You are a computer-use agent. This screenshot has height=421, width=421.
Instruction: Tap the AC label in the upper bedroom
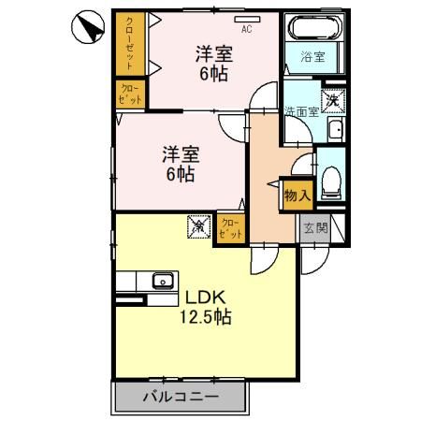(246, 29)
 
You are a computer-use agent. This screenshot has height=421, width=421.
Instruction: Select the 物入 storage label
(296, 196)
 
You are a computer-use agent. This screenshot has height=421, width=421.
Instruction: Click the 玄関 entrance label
(315, 227)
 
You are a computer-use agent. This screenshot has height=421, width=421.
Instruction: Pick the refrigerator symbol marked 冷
(198, 225)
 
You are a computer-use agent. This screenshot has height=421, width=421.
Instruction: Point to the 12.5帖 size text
(207, 317)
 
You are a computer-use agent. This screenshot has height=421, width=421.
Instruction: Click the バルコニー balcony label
(181, 396)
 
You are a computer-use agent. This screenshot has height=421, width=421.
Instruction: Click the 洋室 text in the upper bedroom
(214, 52)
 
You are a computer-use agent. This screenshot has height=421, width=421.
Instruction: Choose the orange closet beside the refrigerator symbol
(229, 228)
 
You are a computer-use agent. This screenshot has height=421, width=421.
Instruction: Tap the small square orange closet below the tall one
(129, 94)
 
